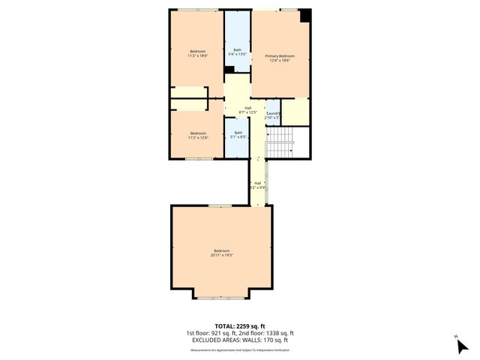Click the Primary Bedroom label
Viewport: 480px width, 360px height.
tap(279, 56)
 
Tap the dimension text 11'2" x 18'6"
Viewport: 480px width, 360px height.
tap(197, 56)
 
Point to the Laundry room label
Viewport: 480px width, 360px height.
tap(272, 113)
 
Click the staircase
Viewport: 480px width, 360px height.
tap(279, 142)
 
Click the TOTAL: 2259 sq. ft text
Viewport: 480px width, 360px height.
tap(240, 326)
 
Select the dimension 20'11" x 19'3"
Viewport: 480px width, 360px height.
tap(222, 255)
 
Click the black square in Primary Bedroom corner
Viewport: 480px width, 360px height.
tap(305, 15)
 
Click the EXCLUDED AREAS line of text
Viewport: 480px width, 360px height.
tap(240, 340)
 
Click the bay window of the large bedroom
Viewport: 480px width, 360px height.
tap(221, 298)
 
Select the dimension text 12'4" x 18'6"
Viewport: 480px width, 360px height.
tap(279, 61)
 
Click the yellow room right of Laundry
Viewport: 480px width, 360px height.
tap(295, 112)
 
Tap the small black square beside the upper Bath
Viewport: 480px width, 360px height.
tap(229, 70)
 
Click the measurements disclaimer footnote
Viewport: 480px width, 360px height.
tap(240, 349)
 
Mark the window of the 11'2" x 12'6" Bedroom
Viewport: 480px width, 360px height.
tap(197, 158)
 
